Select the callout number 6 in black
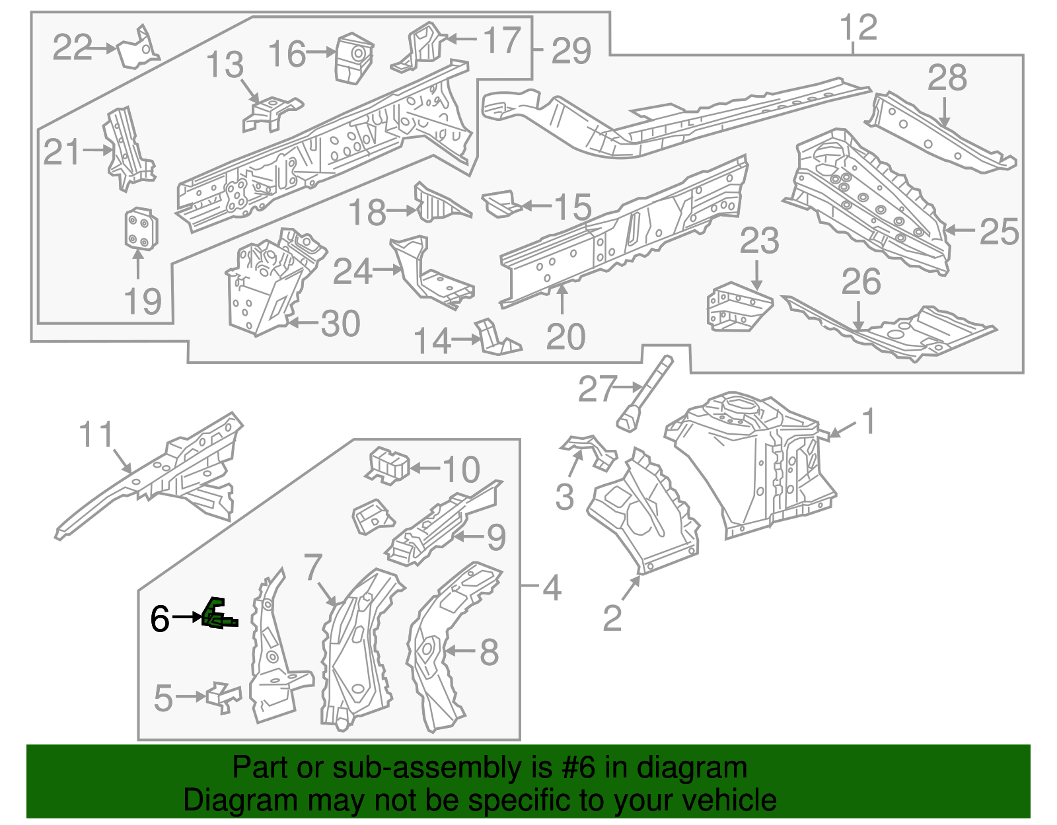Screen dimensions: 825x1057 (159, 619)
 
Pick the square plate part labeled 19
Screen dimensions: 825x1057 (141, 229)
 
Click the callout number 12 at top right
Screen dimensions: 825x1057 (858, 28)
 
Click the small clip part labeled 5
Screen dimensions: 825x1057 (223, 697)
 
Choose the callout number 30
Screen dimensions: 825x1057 (340, 324)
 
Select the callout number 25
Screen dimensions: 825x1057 (999, 231)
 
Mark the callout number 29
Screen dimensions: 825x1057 (571, 51)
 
